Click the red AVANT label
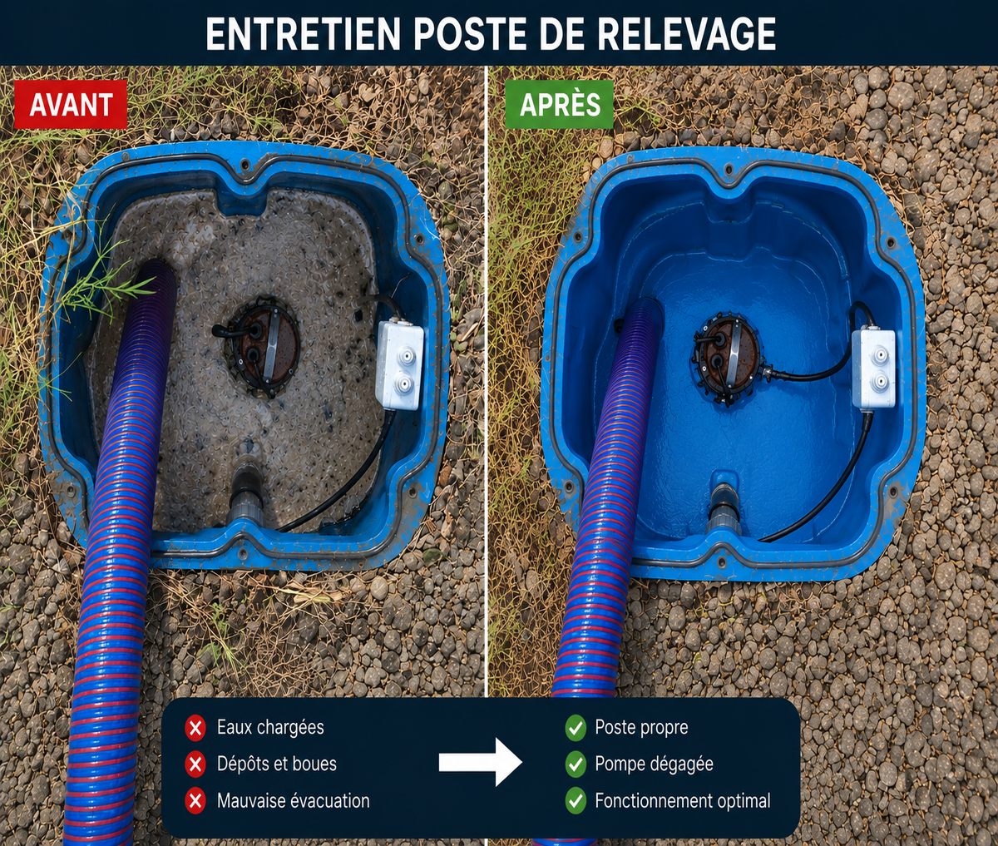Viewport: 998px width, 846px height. [x=71, y=104]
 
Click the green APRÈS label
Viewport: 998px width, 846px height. [x=559, y=104]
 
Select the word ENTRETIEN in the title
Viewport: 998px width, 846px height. [x=303, y=34]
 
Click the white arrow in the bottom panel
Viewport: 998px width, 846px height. [x=481, y=763]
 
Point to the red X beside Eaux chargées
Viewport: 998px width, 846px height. [x=195, y=728]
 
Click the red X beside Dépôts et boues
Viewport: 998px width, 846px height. [x=195, y=764]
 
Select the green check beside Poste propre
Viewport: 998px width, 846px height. [x=576, y=728]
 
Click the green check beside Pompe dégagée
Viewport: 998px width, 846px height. [x=576, y=764]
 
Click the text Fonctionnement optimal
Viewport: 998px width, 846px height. [x=683, y=801]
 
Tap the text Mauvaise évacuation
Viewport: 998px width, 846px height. [x=293, y=801]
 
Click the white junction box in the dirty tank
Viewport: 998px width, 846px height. [x=400, y=365]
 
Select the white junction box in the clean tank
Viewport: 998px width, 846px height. [x=874, y=369]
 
